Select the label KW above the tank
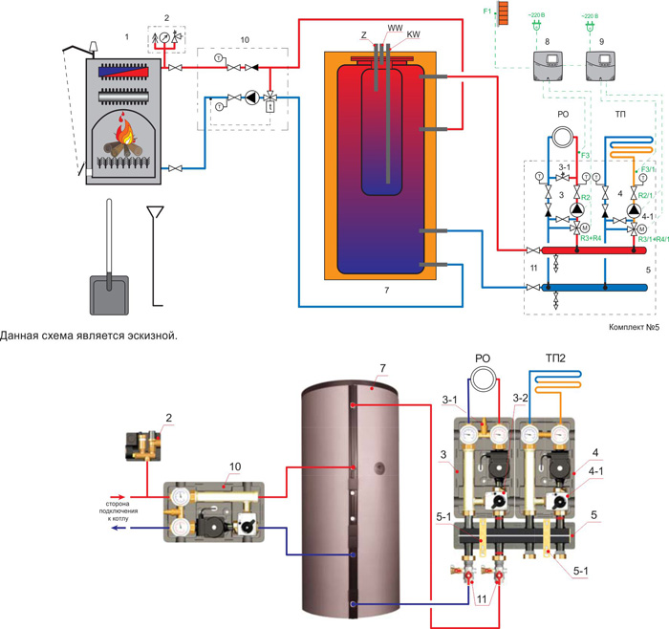coord(413,35)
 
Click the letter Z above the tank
coord(364,35)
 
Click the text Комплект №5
coord(635,328)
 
